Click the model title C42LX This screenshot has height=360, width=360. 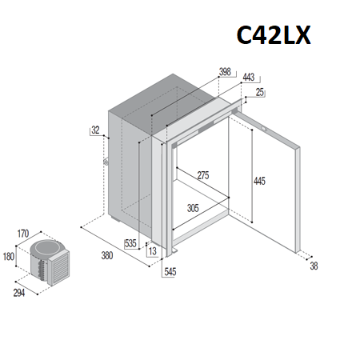(274, 35)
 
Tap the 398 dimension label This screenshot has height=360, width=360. (225, 72)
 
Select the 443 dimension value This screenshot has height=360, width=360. (249, 78)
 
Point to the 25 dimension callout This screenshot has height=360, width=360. (259, 92)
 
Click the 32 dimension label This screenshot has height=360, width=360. (95, 130)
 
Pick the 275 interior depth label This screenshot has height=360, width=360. (203, 175)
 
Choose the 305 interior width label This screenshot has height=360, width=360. (193, 208)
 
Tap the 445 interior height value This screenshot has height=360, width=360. (259, 182)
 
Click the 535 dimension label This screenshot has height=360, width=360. (130, 243)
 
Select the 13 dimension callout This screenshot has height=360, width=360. (153, 251)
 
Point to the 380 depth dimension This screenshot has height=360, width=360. (107, 256)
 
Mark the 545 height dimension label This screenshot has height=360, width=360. (170, 272)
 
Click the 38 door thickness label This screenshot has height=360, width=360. (314, 266)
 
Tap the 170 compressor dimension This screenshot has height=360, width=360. (23, 234)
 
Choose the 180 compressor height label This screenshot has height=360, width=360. (8, 257)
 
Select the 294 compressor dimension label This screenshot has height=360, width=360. (19, 293)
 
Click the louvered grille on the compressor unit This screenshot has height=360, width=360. (60, 266)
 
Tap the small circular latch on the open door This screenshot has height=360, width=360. (264, 129)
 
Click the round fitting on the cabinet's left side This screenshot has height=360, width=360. (106, 162)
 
